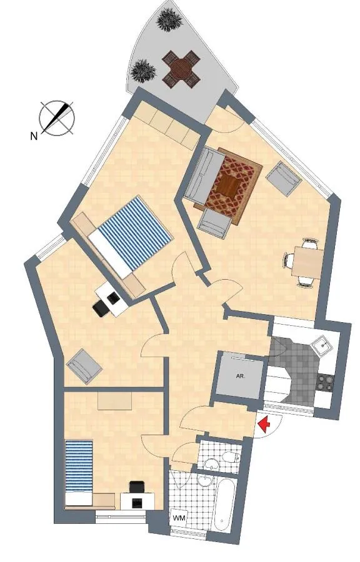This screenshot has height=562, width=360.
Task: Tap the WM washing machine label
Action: coord(179,518)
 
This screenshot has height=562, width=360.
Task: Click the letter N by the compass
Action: coord(34,136)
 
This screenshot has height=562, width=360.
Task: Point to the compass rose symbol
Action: coord(57,118)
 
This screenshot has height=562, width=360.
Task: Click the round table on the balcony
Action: coord(181,69)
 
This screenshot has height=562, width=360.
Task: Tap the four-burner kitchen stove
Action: coord(326,382)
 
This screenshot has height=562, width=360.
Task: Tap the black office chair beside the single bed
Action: coord(136,488)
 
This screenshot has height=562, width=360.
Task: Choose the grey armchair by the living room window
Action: coord(284,179)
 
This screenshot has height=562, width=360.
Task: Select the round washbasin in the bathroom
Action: coord(206,481)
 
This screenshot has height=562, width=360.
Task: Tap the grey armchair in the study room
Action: coord(84,367)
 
